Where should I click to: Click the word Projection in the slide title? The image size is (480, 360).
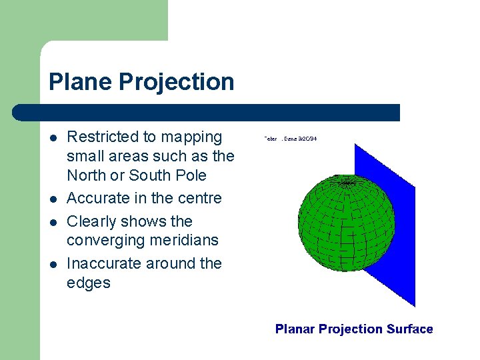coord(177,82)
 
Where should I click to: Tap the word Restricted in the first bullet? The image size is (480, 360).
coord(100,137)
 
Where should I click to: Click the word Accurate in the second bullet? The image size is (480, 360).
coord(97,198)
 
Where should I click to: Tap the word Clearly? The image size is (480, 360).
coord(91,221)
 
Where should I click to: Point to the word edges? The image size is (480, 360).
coord(88,283)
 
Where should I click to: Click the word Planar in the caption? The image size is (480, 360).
coord(295,329)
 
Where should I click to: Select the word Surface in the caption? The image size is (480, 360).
coord(409,329)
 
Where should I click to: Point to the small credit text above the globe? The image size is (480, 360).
coord(290,139)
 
